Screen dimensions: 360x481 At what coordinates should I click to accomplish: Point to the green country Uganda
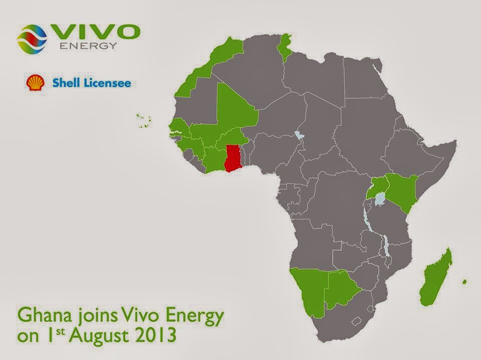378,188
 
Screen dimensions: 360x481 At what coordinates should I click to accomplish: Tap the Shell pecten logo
35,83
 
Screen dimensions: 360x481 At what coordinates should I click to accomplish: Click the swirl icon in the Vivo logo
32,39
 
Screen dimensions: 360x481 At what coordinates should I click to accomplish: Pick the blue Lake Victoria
381,200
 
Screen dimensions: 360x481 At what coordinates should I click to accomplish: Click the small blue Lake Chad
300,135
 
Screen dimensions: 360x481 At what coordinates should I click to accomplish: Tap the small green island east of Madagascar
464,282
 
